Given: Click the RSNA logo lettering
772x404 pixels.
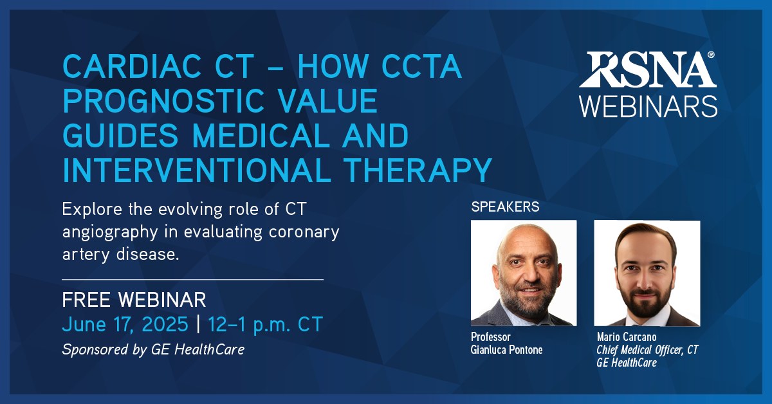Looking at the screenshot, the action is [647, 69].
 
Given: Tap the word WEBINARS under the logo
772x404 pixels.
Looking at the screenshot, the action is [648, 107].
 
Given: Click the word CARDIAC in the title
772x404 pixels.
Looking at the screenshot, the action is [132, 66].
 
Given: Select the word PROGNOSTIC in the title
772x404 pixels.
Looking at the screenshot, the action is [163, 100].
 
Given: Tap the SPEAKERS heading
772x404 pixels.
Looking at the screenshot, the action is [505, 207].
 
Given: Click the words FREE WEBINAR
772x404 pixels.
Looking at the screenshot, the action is [134, 300].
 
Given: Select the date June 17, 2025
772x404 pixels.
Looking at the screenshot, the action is [125, 324].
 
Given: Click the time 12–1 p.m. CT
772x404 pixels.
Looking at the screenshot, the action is [265, 324].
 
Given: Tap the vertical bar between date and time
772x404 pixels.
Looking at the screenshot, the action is [198, 324].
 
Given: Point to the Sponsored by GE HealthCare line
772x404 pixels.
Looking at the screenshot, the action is [153, 349].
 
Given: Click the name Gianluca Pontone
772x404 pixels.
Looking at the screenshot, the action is [507, 350].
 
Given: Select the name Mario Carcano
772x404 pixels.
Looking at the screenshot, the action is [627, 337].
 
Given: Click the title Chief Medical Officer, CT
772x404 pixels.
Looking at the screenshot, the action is [647, 350].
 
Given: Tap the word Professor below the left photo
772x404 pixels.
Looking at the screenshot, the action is [491, 337].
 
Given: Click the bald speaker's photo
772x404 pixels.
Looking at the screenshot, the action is [524, 273].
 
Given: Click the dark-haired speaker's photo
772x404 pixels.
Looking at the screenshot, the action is [647, 273].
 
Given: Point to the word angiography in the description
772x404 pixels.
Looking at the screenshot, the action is [110, 232].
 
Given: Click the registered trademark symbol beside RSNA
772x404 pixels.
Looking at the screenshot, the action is [711, 55].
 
